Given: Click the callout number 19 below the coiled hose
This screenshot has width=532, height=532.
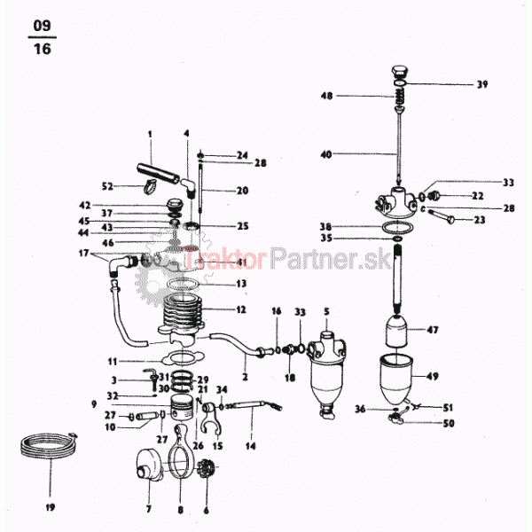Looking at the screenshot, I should [50, 507].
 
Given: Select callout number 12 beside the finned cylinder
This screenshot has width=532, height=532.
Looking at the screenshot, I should [241, 309].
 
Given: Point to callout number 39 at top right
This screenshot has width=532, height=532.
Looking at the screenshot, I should [482, 84].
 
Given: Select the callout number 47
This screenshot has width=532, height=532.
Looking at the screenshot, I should [458, 330].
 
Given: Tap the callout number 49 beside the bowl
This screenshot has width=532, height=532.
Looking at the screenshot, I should [458, 376].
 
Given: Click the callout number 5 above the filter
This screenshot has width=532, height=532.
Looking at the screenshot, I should [326, 311].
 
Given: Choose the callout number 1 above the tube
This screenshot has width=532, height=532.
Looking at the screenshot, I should [150, 134].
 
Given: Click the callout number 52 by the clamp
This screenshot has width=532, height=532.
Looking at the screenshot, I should [108, 186].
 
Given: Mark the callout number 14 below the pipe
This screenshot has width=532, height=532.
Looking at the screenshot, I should [250, 445].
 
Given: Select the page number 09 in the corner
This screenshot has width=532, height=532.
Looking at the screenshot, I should [42, 26].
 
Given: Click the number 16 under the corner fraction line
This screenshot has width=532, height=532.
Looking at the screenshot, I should [42, 50].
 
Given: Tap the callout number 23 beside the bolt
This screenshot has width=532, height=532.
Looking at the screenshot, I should [480, 219].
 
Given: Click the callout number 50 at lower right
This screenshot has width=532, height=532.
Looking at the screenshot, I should [449, 424].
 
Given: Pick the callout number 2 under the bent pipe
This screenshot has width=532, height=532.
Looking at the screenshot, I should [244, 378].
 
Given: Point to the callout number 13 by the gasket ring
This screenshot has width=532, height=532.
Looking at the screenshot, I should [241, 284].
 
